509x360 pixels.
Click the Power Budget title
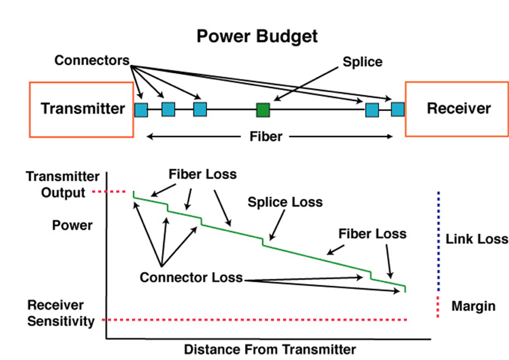[257, 37]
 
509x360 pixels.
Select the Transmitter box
[82, 110]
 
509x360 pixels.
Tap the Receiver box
[457, 109]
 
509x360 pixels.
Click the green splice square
[263, 110]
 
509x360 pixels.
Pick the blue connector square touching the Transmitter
[141, 110]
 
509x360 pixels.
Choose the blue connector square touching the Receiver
[398, 109]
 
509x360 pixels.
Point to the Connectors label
[92, 61]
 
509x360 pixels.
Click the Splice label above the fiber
[363, 62]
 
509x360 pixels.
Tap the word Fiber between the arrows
[266, 137]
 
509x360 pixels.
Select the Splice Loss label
[285, 202]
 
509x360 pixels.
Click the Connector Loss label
[191, 277]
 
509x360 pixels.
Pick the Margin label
[473, 306]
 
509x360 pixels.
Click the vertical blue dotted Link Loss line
[439, 241]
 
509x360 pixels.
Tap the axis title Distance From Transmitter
[270, 350]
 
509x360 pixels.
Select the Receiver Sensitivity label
[61, 313]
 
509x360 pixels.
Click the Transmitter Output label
[63, 185]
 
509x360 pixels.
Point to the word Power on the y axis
[73, 225]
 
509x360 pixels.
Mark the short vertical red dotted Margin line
[438, 307]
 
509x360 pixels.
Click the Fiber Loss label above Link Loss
[372, 234]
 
